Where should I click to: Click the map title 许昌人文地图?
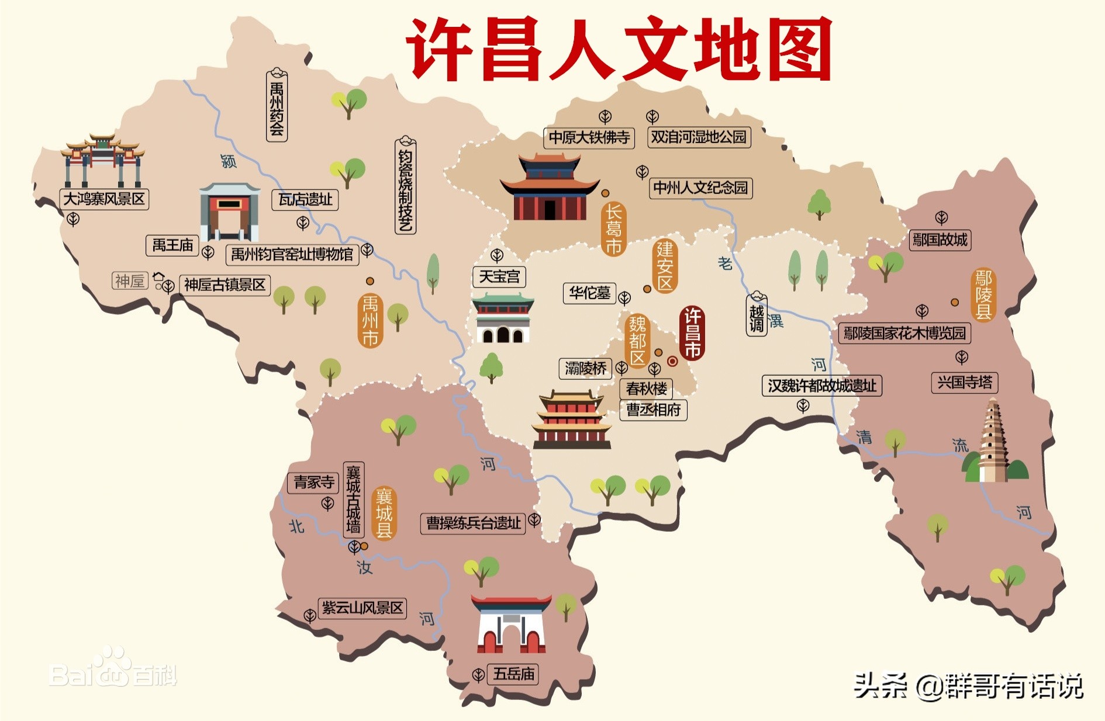pos(619,49)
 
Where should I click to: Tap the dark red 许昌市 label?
pos(692,333)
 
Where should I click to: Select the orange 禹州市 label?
pos(370,321)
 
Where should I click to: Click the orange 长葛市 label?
pos(613,229)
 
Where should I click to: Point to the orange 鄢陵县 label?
pos(983,294)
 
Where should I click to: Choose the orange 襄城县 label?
pos(384,513)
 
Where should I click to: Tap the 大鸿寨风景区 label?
pos(105,199)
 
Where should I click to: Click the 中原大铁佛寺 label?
pos(589,137)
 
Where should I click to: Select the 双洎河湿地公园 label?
pos(699,137)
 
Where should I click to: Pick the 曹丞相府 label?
pos(653,410)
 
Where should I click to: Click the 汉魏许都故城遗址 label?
pos(821,386)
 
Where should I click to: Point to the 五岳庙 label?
pos(513,674)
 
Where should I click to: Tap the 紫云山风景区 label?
pos(362,608)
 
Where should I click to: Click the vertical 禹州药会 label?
pos(277,106)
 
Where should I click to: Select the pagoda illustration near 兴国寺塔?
pos(994,442)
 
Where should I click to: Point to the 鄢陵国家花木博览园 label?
pos(904,333)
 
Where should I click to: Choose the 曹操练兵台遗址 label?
pos(473,523)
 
